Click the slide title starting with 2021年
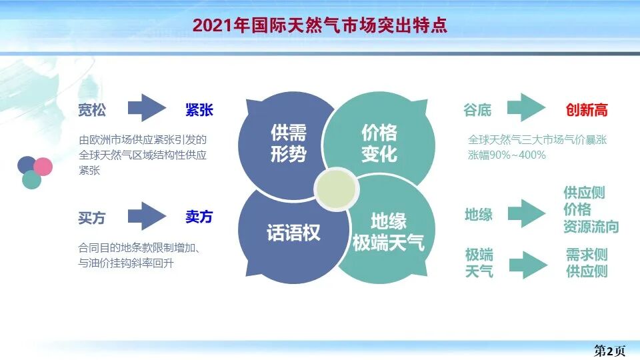click(x=319, y=25)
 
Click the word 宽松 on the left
click(x=92, y=110)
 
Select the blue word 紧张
click(x=199, y=110)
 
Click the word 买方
click(x=92, y=218)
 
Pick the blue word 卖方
click(x=199, y=217)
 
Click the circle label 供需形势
click(x=289, y=143)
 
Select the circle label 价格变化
click(x=379, y=143)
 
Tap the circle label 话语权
click(x=293, y=233)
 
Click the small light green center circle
click(x=333, y=189)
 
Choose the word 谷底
click(x=477, y=110)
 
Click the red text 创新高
click(x=587, y=110)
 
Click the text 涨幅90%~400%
click(x=507, y=155)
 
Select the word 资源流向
click(x=591, y=227)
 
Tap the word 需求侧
click(x=587, y=255)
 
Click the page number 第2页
click(x=609, y=349)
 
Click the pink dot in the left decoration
click(x=43, y=165)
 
